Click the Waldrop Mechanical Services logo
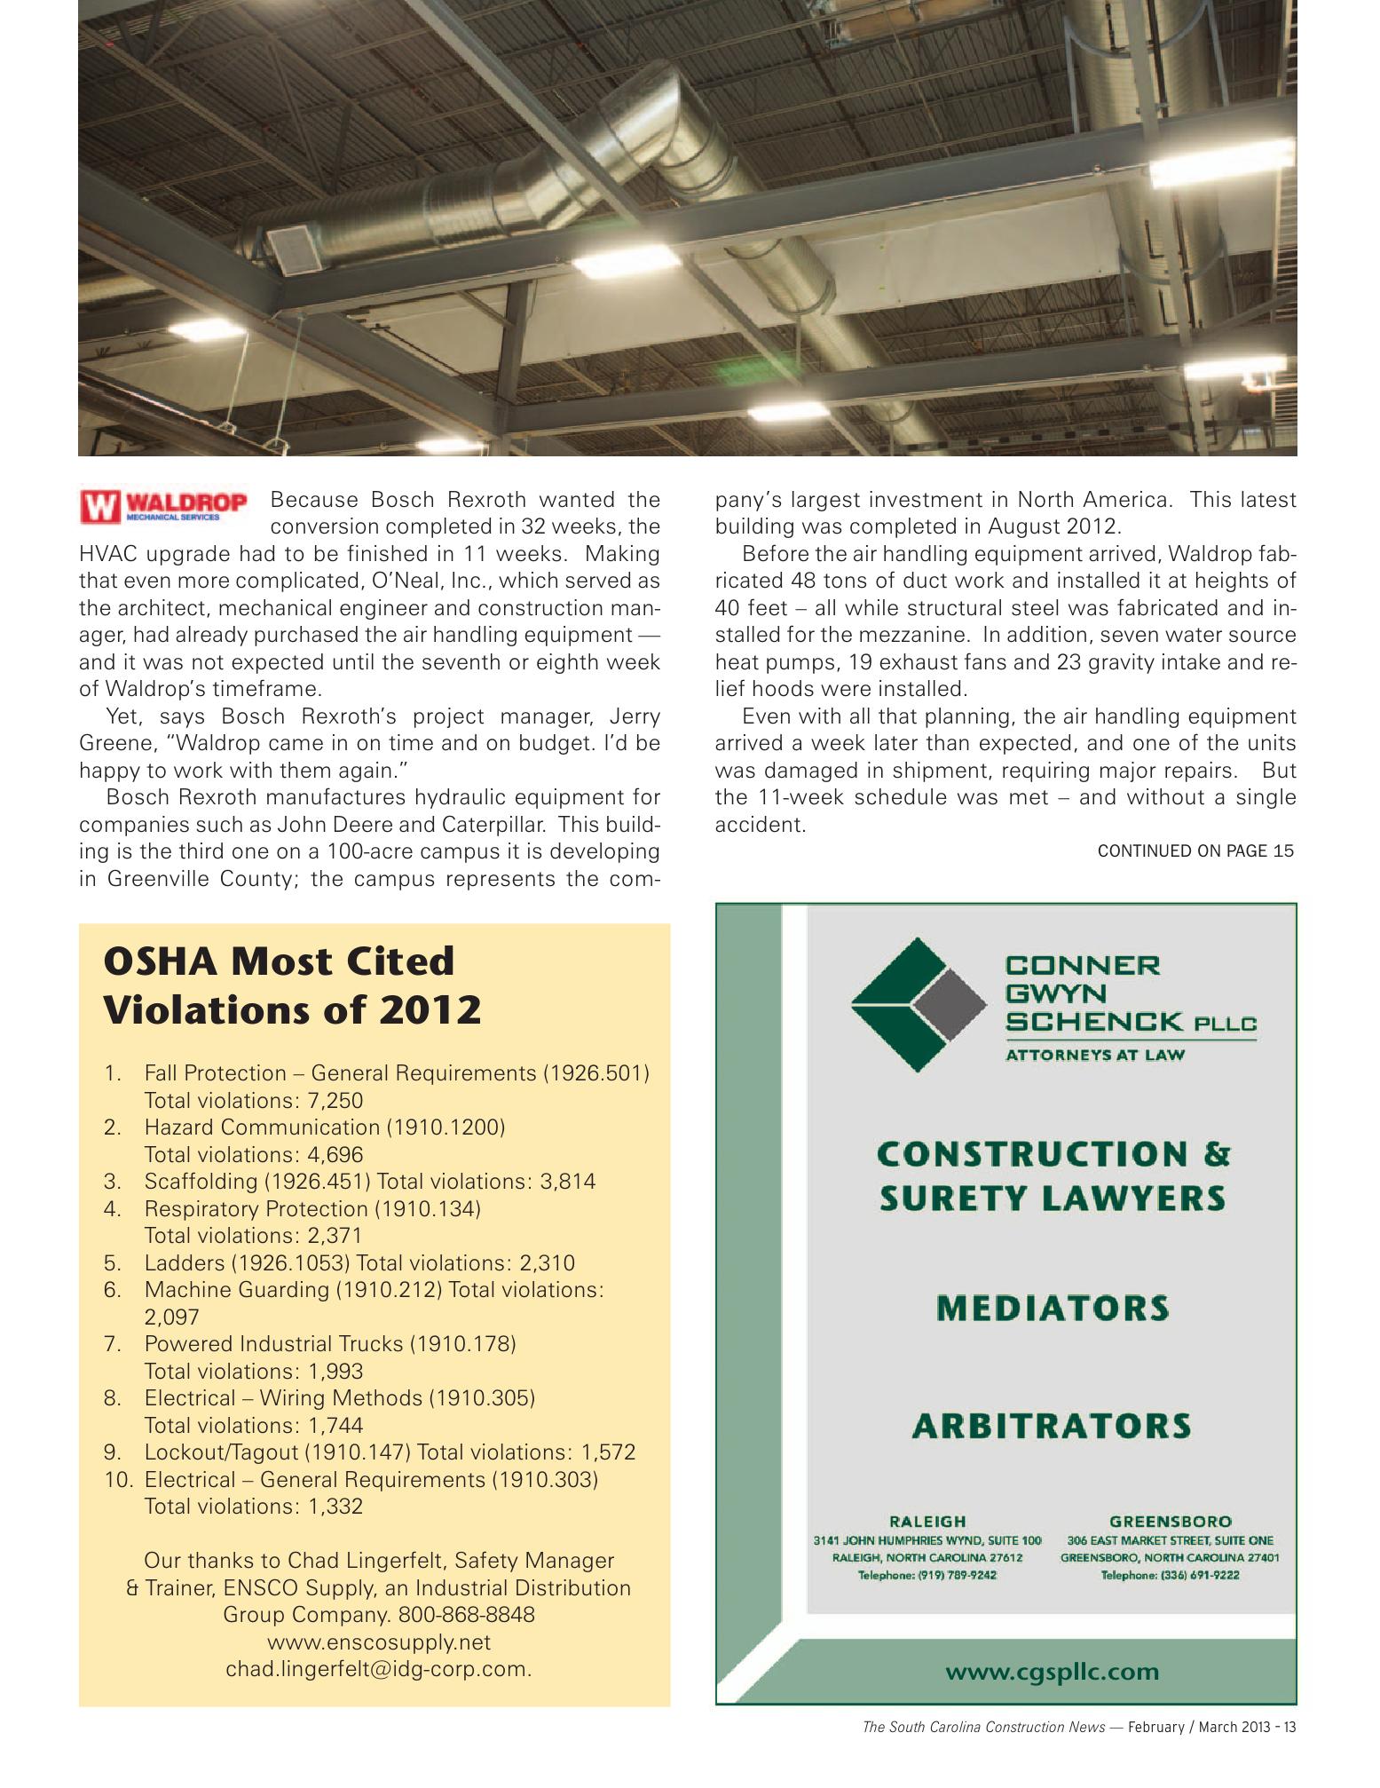[163, 505]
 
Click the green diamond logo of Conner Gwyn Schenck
[918, 1004]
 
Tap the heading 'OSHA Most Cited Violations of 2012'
[292, 985]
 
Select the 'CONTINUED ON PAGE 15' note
[1195, 850]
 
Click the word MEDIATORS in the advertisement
[1053, 1308]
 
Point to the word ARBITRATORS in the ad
[1052, 1426]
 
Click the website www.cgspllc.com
[1052, 1672]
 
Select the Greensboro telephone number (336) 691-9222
[1170, 1575]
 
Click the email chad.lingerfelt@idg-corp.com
[378, 1668]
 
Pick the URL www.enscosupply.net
[378, 1642]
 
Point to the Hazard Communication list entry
[324, 1127]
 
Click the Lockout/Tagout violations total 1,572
[608, 1452]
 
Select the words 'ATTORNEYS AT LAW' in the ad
[1094, 1055]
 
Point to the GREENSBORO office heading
[1170, 1521]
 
